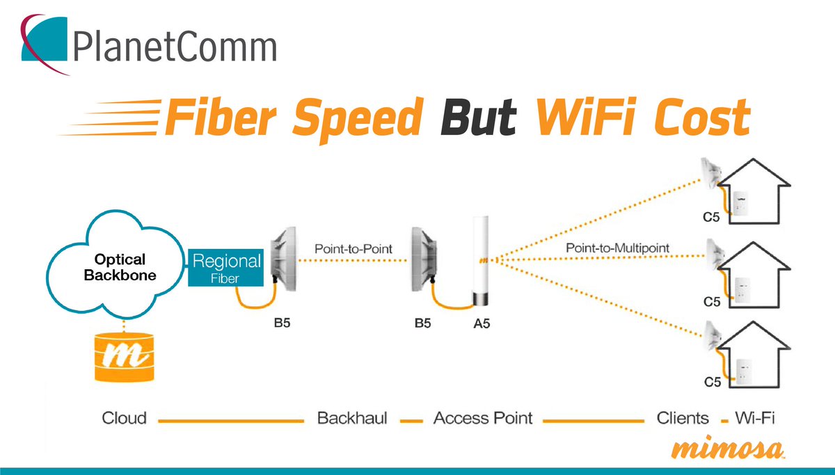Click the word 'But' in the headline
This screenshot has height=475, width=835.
click(479, 117)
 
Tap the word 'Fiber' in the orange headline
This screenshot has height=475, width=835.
click(220, 117)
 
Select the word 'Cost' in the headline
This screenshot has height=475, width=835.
click(702, 117)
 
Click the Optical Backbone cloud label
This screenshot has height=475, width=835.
click(120, 267)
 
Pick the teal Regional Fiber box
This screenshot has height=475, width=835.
click(226, 268)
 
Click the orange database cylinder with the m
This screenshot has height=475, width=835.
click(124, 357)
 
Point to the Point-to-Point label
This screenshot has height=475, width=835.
click(353, 249)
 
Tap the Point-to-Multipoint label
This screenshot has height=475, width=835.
click(618, 248)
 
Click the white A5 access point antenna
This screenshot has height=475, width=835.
click(481, 261)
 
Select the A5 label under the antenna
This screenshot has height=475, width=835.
click(482, 324)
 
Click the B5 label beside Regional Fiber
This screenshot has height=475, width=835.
click(282, 323)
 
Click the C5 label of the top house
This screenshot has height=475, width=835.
click(711, 217)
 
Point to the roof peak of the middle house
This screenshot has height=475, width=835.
click(754, 243)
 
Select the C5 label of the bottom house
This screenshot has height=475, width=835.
click(713, 382)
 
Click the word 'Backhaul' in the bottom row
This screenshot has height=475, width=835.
click(352, 418)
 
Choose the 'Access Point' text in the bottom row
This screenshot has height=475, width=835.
click(483, 419)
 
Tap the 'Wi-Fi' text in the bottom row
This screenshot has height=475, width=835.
click(755, 418)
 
